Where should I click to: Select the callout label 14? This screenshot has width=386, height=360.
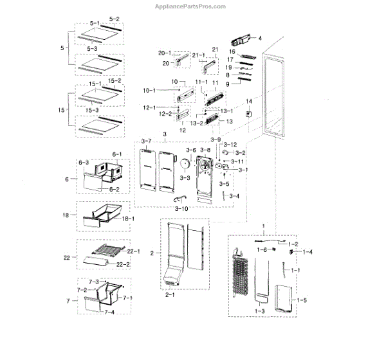click(x=248, y=102)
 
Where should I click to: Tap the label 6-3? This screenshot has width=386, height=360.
click(x=83, y=163)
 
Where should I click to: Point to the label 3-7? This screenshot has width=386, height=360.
click(x=145, y=141)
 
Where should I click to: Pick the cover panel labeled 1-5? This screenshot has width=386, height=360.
click(x=283, y=297)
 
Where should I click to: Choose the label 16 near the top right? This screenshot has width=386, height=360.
click(x=232, y=51)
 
